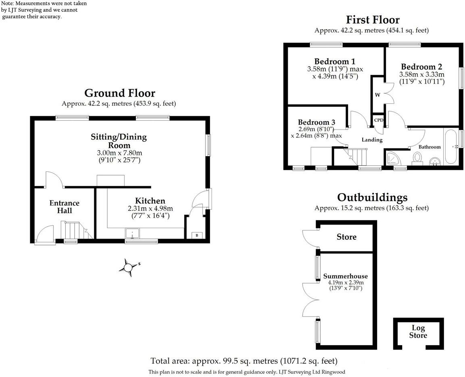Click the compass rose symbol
pos(129,267)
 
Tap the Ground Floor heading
pos(119,93)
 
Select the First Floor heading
pos(373,20)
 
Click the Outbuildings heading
pos(372,198)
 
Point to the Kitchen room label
pos(150,201)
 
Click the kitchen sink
pos(132,234)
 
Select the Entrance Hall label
pos(64,207)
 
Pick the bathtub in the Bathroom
pos(451,146)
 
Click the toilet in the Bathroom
pos(417,159)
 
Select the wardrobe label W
pos(378,95)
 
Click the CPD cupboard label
pos(378,120)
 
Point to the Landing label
pos(372,140)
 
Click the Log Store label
pos(418,332)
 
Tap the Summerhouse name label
pos(345,276)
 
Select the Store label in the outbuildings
pos(347,237)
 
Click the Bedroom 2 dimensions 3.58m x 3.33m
pos(421,74)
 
